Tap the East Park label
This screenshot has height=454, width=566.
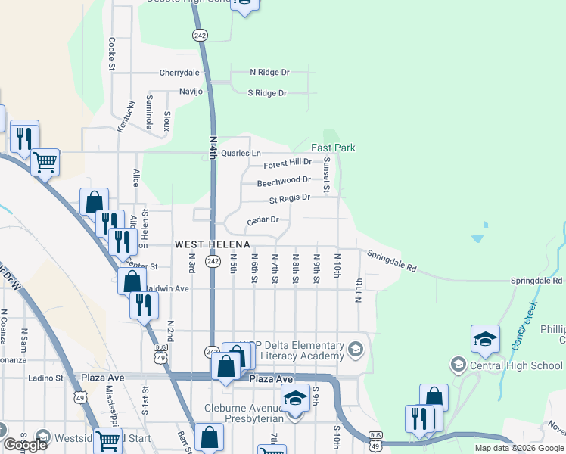(x=334, y=148)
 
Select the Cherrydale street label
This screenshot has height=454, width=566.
(x=179, y=73)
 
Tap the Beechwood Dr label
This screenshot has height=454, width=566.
(x=284, y=182)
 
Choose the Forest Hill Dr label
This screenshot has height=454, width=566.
(x=288, y=163)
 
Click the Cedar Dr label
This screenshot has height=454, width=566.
(x=263, y=220)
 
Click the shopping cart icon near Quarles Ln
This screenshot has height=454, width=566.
(x=45, y=162)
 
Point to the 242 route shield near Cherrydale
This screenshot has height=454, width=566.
(x=200, y=36)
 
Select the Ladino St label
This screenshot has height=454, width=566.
(x=45, y=378)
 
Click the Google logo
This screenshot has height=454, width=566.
(x=24, y=445)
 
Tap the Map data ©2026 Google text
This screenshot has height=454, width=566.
(x=520, y=448)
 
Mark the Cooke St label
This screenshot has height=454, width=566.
(x=111, y=54)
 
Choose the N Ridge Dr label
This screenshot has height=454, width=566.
(x=270, y=73)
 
